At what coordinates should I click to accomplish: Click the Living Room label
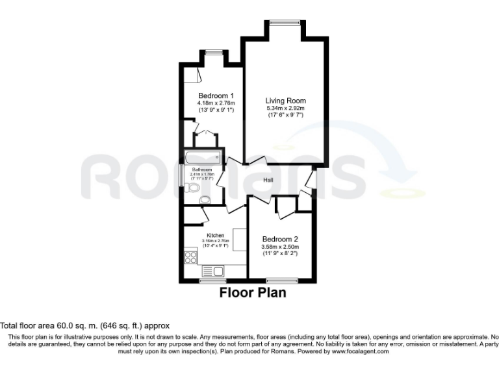[x=285, y=101]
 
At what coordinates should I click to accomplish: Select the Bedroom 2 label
[x=280, y=239]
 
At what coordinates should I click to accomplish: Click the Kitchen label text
[x=215, y=235]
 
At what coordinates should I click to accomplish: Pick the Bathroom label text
[x=201, y=169]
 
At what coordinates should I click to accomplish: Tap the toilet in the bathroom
[x=191, y=188]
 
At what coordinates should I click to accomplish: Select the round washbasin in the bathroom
[x=205, y=199]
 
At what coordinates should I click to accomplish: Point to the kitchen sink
[x=212, y=271]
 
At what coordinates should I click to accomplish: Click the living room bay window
[x=284, y=23]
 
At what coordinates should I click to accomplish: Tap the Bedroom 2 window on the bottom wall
[x=281, y=280]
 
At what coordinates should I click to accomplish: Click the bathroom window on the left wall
[x=181, y=176]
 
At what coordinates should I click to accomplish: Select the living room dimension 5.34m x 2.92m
[x=285, y=108]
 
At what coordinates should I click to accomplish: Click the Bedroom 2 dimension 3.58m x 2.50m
[x=280, y=247]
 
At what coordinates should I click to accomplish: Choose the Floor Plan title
[x=252, y=293]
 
